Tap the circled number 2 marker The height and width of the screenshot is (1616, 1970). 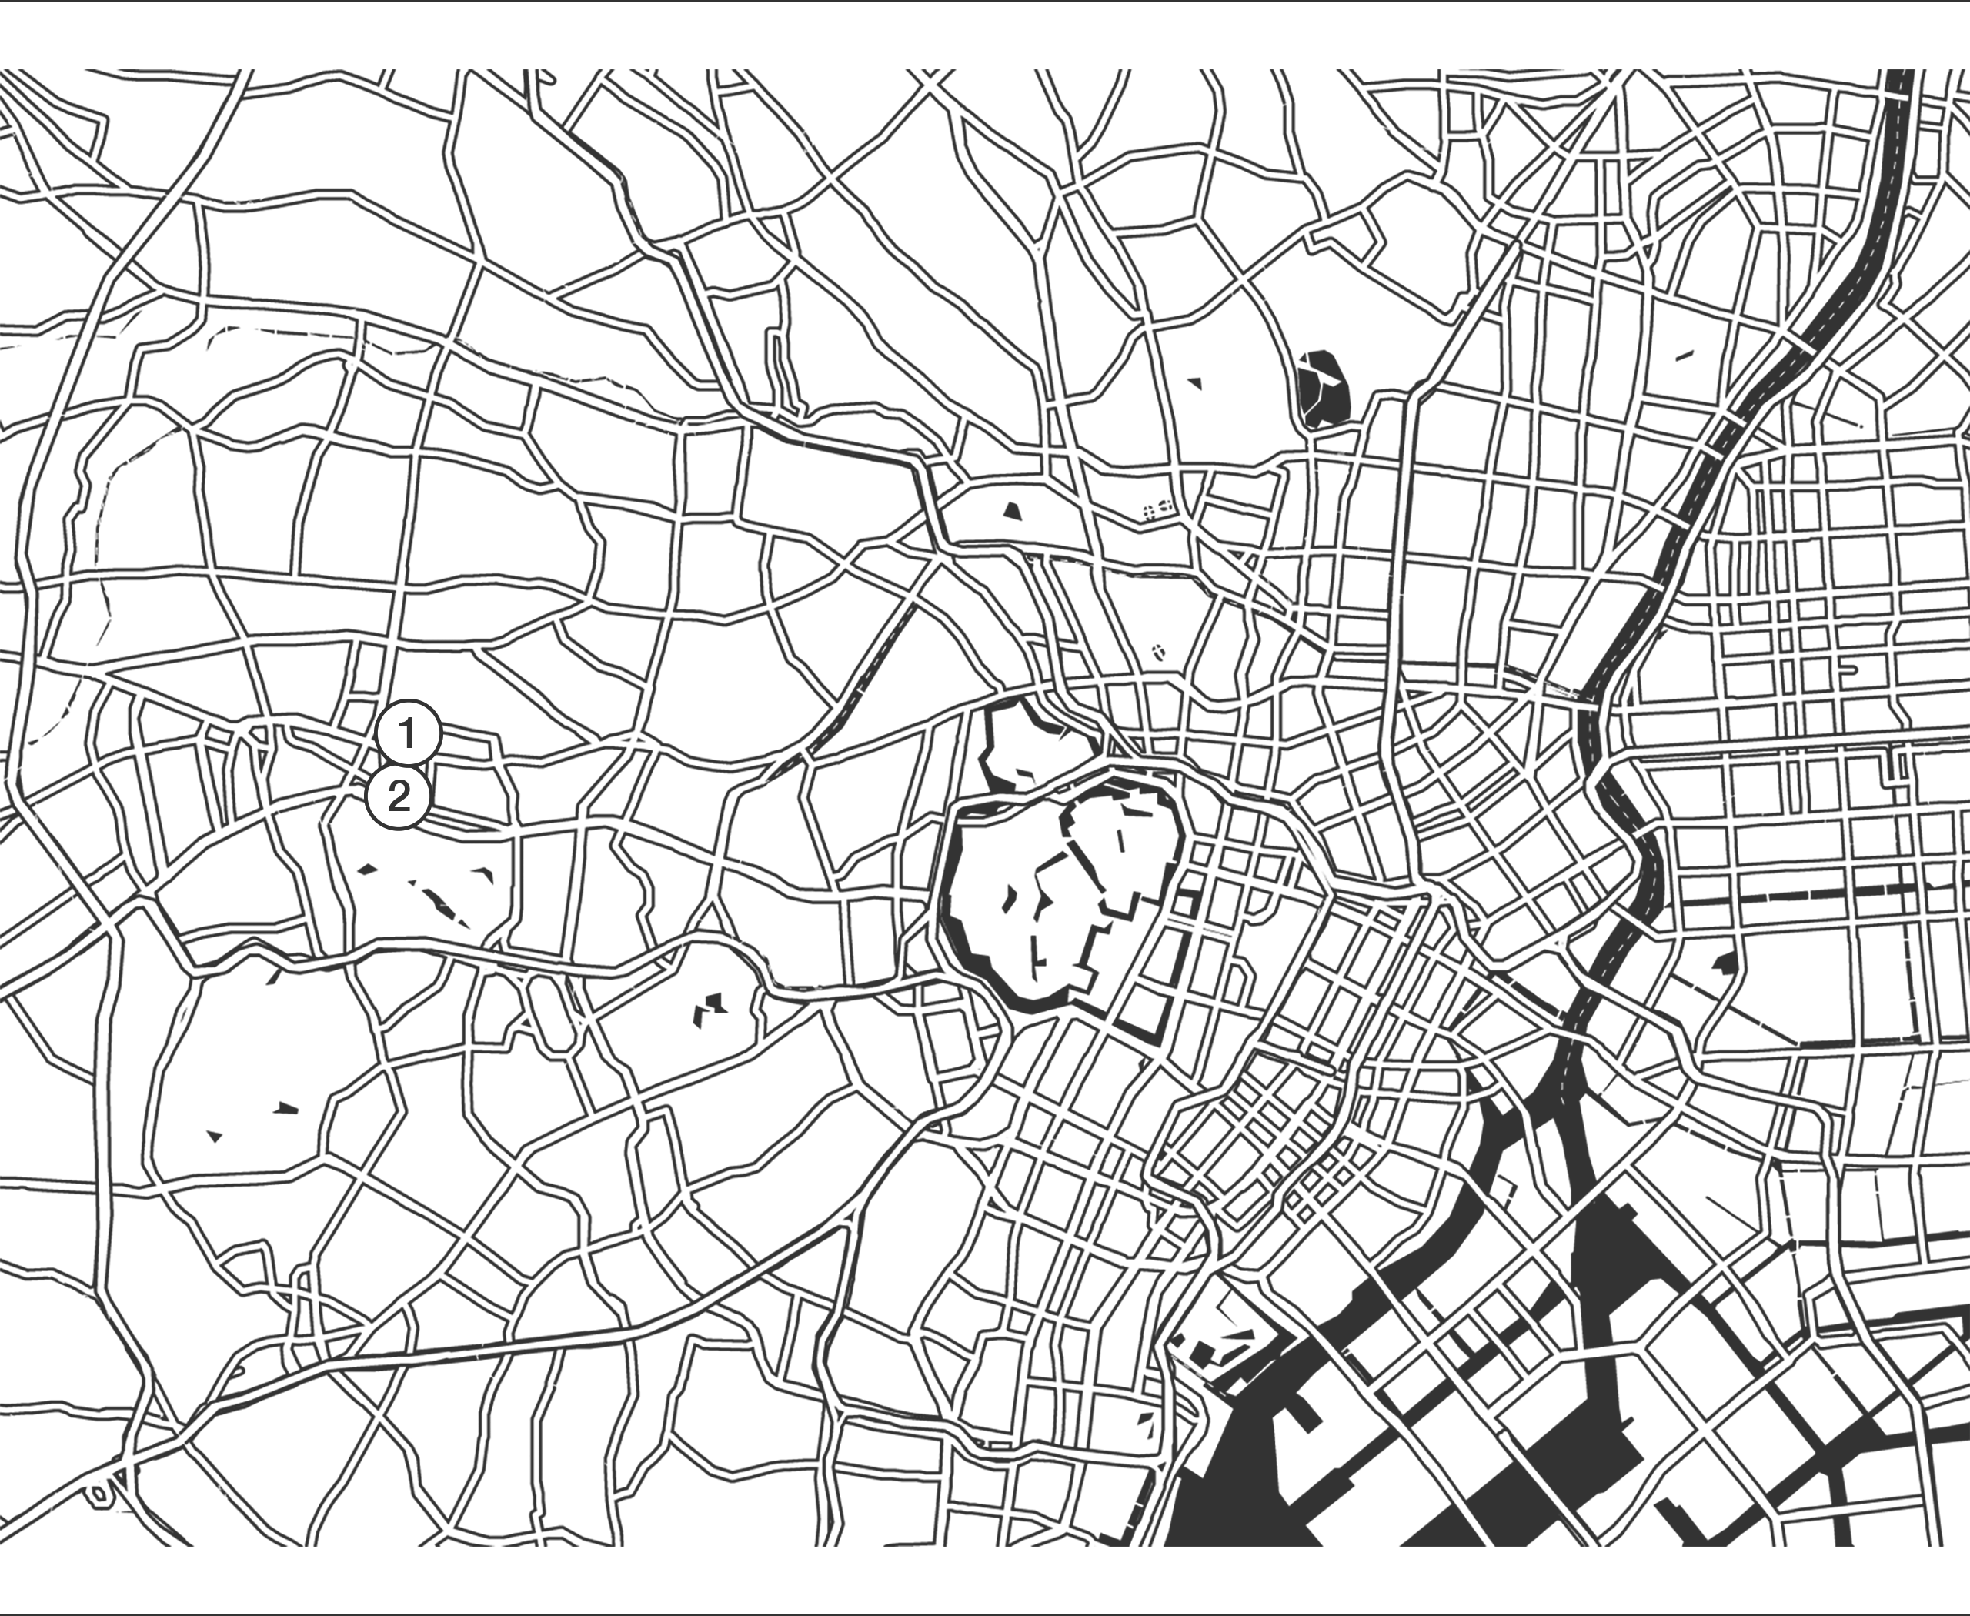pyautogui.click(x=398, y=796)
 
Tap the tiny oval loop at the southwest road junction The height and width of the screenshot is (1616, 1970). pyautogui.click(x=99, y=1492)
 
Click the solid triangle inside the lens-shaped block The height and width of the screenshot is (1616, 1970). pyautogui.click(x=1012, y=509)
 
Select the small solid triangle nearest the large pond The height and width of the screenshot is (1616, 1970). pyautogui.click(x=1194, y=381)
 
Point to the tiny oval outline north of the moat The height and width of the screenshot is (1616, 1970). pyautogui.click(x=1159, y=653)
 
